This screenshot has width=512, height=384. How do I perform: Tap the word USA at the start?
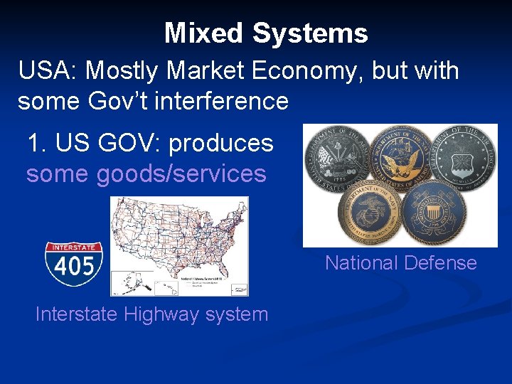pos(43,70)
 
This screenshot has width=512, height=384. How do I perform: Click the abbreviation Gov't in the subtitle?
pos(117,101)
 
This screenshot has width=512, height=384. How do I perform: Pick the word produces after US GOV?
pos(221,143)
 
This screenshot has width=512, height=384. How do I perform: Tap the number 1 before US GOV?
pos(33,143)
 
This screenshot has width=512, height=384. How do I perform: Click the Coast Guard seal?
pos(434,210)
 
